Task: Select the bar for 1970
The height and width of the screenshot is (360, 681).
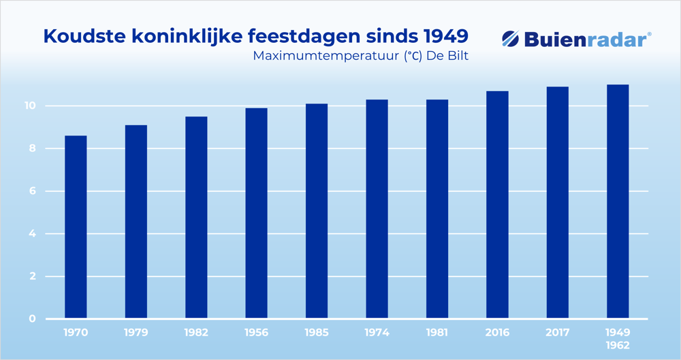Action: coord(76,227)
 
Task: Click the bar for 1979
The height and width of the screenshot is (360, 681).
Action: coord(136,222)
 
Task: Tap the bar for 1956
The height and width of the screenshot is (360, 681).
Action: coord(256,214)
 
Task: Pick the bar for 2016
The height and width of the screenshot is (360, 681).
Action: coord(497,205)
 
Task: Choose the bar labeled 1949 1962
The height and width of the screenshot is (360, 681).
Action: coord(617,201)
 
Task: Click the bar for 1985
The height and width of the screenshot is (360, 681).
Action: coord(317,212)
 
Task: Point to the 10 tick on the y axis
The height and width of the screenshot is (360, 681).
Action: coord(31,106)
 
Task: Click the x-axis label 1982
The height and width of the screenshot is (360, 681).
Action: coord(196,333)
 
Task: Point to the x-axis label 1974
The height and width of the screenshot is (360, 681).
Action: coord(377,333)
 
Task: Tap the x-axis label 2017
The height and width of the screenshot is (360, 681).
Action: coord(557,333)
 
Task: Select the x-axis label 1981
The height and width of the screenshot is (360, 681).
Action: coord(437,333)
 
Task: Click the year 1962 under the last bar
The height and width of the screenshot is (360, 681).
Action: coord(617,345)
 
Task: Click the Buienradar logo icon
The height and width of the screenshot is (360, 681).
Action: coord(511,39)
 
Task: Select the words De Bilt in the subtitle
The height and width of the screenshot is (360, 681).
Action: coord(447,56)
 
